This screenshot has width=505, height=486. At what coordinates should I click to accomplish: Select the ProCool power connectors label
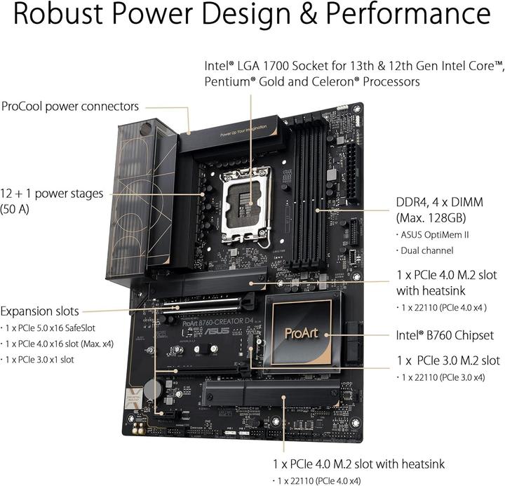point(70,107)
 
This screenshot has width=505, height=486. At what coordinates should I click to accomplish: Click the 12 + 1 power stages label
point(52,193)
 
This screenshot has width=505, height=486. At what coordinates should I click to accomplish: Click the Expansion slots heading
point(39,311)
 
